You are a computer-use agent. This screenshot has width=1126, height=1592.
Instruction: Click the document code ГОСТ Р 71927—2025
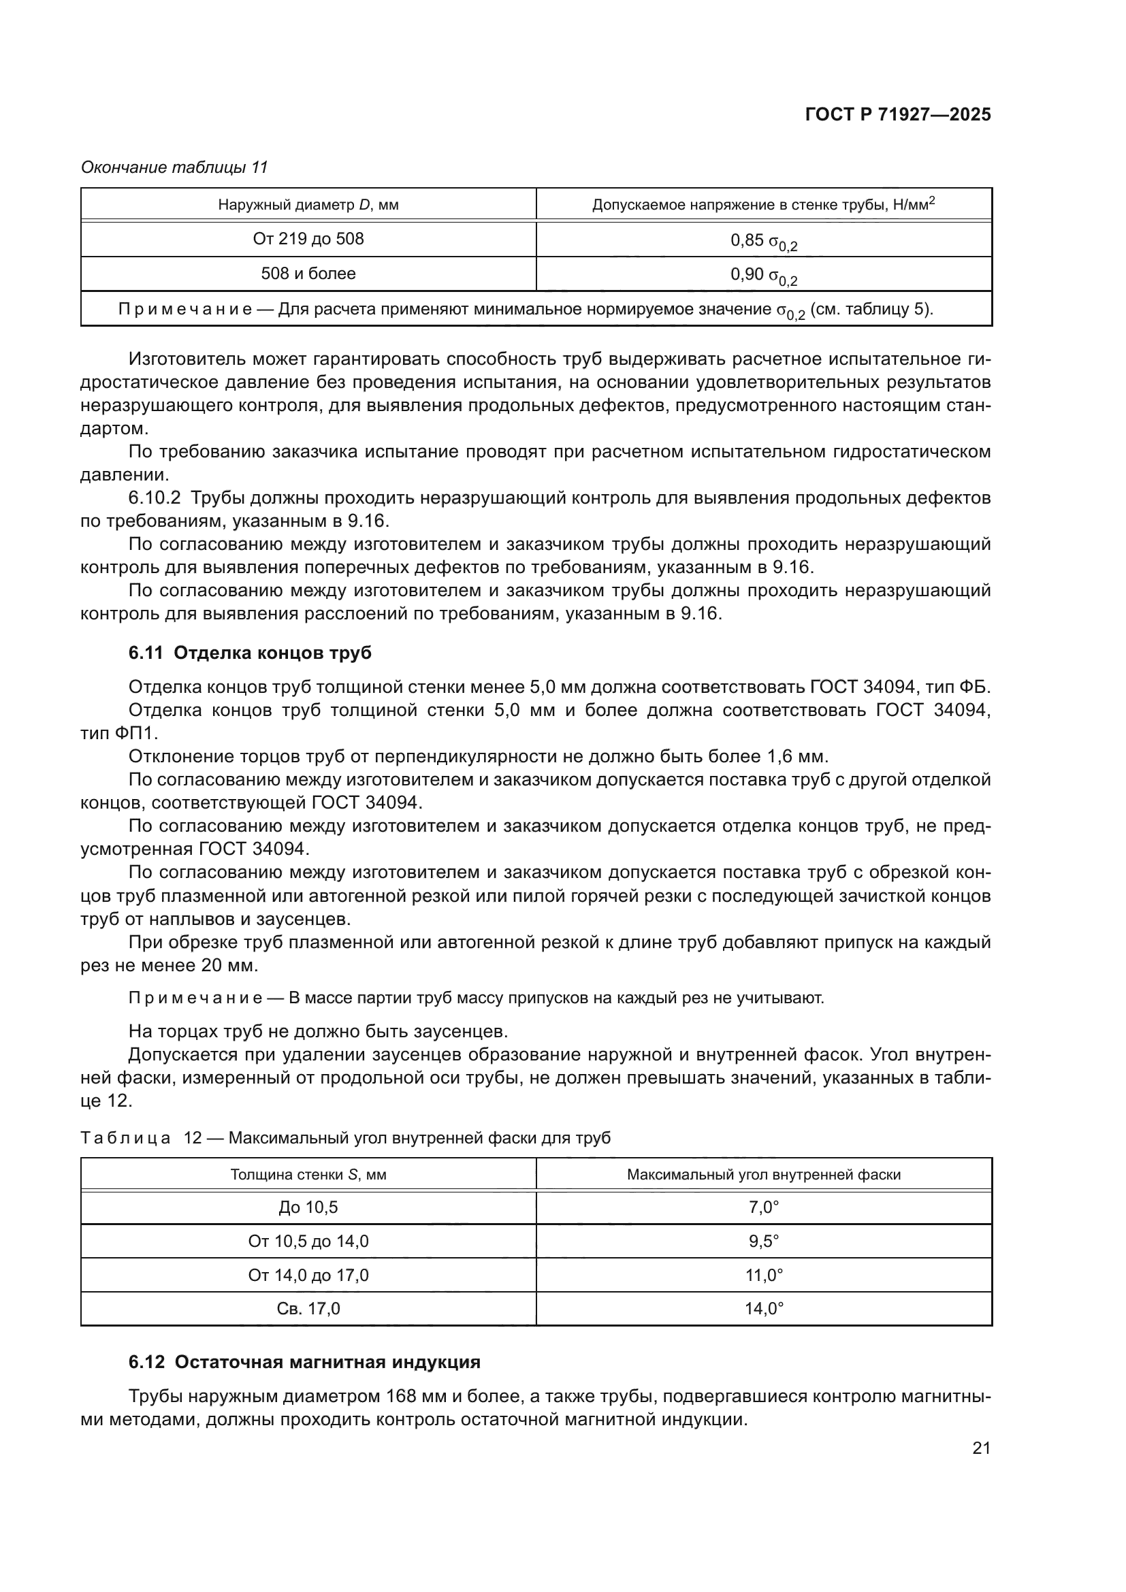(898, 115)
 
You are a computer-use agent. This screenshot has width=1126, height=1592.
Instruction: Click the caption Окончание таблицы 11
(174, 167)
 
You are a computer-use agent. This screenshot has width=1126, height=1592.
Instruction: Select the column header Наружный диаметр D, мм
(308, 205)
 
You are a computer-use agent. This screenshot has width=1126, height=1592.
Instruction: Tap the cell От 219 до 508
(308, 239)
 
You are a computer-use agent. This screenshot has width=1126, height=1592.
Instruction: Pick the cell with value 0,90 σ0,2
(763, 274)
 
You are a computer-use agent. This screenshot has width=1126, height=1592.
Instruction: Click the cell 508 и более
(308, 274)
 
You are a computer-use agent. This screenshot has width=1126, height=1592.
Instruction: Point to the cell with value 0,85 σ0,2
(763, 240)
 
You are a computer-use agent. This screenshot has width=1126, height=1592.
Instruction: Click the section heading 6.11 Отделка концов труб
(250, 653)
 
